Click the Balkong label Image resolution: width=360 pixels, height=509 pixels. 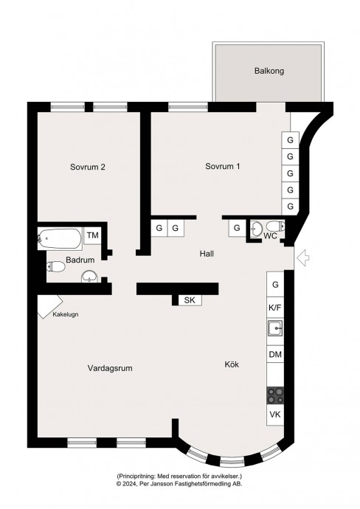(x=269, y=71)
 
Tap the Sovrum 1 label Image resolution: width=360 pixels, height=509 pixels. (x=223, y=167)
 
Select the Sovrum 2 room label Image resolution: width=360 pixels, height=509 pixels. (x=88, y=167)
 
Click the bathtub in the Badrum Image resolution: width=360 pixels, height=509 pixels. (x=60, y=238)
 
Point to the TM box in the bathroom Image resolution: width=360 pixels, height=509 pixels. (x=93, y=235)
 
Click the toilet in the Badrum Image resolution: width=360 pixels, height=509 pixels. (x=56, y=266)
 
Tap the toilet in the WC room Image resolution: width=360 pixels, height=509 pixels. (x=276, y=226)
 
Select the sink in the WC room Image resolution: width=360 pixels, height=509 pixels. (x=257, y=228)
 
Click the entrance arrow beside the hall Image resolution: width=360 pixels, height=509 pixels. (x=303, y=258)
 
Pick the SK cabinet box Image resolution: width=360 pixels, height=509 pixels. (x=190, y=300)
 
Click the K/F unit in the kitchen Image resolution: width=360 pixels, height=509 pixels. (x=275, y=308)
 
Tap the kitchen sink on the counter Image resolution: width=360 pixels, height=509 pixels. (x=275, y=328)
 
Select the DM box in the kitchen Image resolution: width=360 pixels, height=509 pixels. (x=275, y=355)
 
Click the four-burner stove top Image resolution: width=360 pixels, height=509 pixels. (x=275, y=395)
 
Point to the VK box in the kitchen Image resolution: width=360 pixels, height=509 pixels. (x=275, y=415)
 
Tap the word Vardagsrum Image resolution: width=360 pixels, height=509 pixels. (x=110, y=368)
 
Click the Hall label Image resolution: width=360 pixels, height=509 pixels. (x=207, y=254)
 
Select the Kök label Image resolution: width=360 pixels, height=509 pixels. (x=232, y=364)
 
